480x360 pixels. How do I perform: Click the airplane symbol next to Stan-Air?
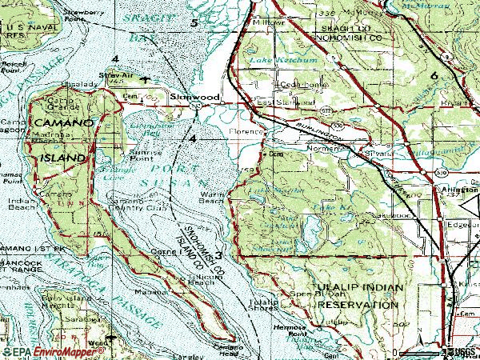(144, 80)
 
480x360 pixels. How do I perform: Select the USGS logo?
(463, 350)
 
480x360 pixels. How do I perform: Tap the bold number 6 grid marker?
(434, 75)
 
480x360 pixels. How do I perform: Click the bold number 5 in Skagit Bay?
(194, 23)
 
